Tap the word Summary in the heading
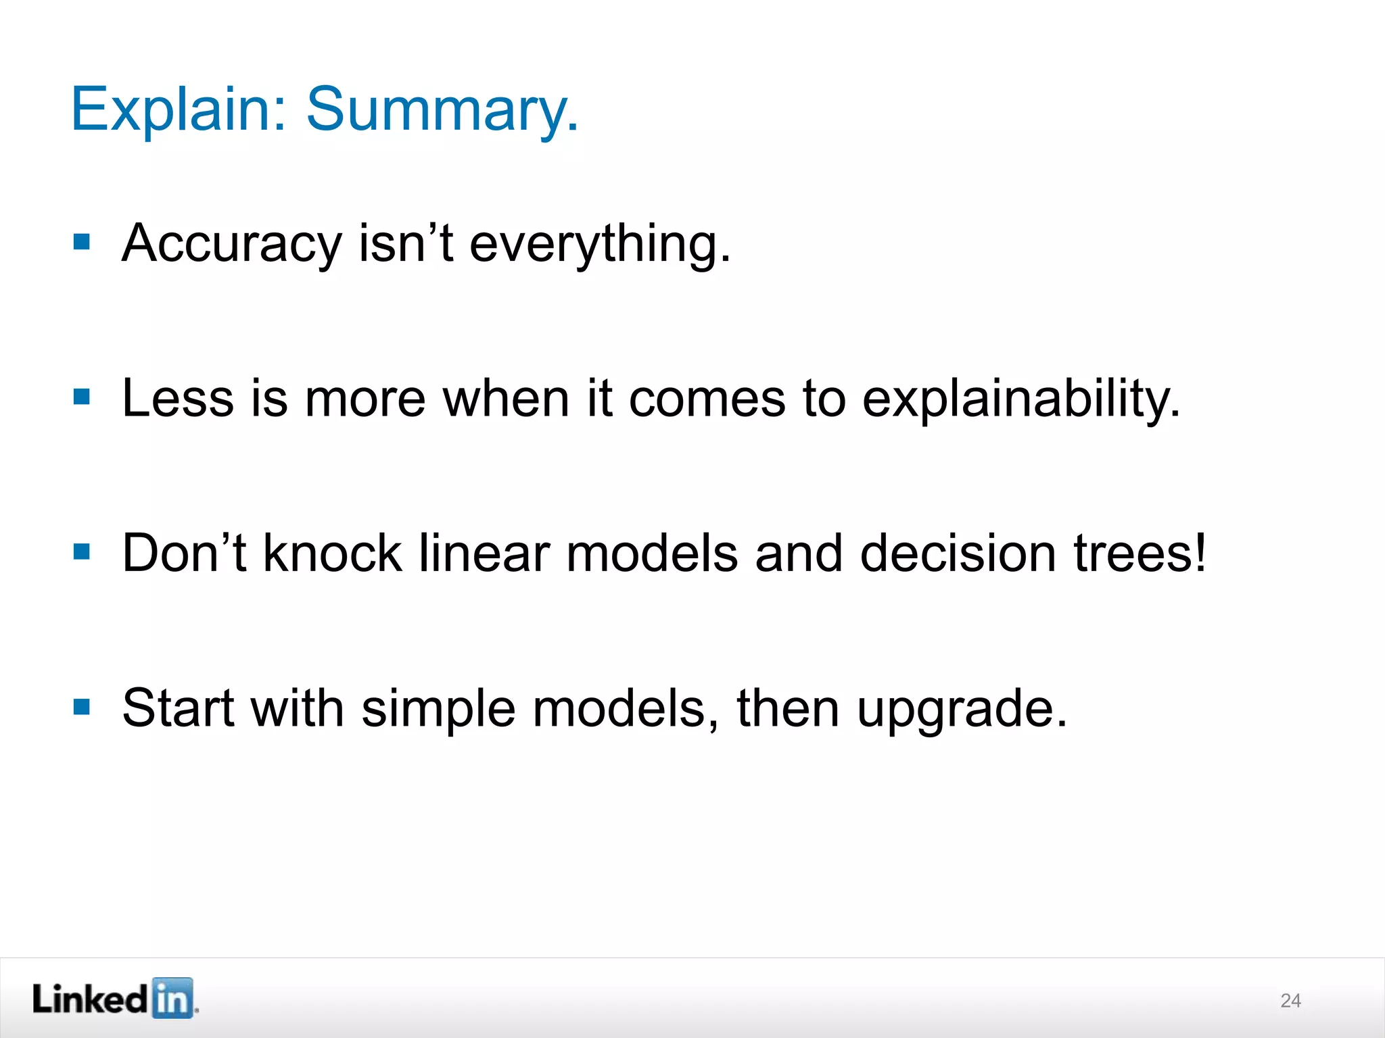pyautogui.click(x=442, y=109)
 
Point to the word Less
pyautogui.click(x=177, y=398)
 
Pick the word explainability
pyautogui.click(x=1021, y=398)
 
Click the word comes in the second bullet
pyautogui.click(x=707, y=398)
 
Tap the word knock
pyautogui.click(x=332, y=553)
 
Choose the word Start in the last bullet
pyautogui.click(x=178, y=708)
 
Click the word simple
pyautogui.click(x=438, y=708)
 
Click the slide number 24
pyautogui.click(x=1290, y=1001)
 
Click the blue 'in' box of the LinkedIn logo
pyautogui.click(x=172, y=998)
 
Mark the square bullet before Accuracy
pyautogui.click(x=82, y=242)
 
